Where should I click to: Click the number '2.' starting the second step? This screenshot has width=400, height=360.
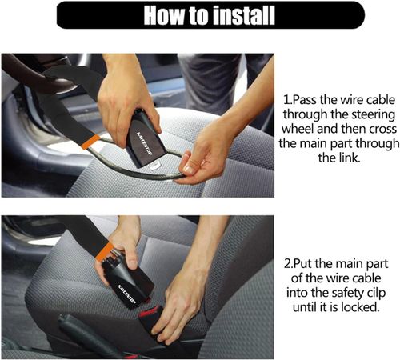tap(290, 262)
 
